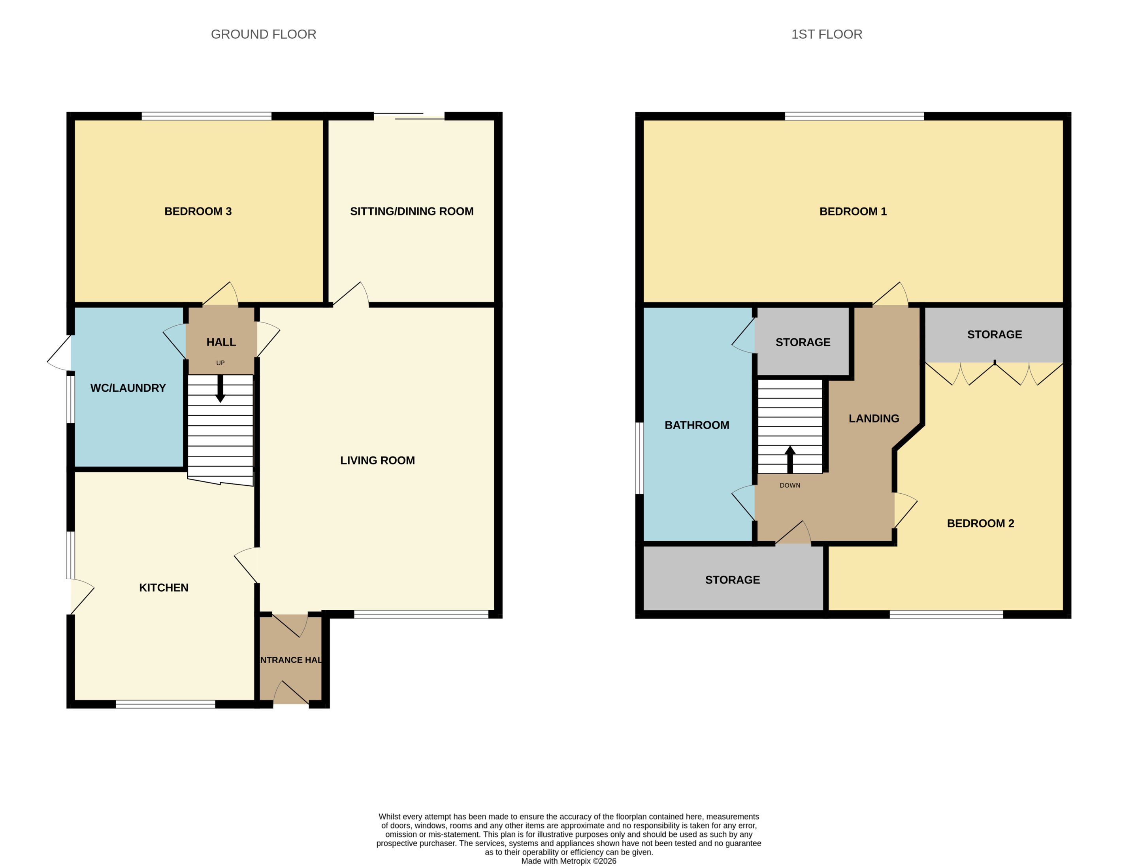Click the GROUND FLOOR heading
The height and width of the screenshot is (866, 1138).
[264, 34]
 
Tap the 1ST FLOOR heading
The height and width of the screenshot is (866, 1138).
[827, 34]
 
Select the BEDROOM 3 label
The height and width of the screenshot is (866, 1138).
[198, 211]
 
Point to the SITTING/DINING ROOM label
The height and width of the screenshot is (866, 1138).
[412, 211]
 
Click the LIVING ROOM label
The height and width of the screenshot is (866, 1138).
[377, 460]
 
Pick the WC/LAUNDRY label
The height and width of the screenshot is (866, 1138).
[128, 388]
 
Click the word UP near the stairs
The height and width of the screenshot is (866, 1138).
[220, 363]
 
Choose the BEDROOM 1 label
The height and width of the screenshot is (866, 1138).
[853, 211]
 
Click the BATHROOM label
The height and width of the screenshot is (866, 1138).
[697, 425]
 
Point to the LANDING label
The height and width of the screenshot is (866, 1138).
[874, 419]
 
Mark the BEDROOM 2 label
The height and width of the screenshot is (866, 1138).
[981, 523]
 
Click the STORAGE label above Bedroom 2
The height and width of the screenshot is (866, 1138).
[995, 334]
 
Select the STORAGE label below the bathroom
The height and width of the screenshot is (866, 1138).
[732, 580]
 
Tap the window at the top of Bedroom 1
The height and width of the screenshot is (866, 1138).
[854, 116]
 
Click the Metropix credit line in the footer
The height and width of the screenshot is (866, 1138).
[569, 861]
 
